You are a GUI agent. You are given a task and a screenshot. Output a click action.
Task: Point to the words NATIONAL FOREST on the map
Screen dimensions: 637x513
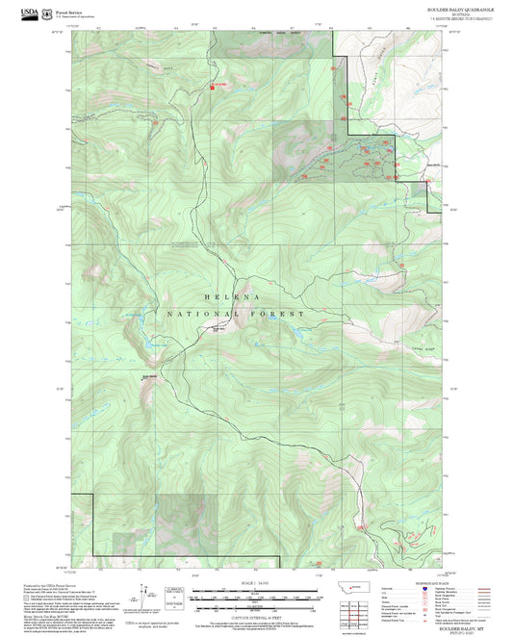point(235,315)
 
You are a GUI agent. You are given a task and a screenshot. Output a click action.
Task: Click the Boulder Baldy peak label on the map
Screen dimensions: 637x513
point(149,376)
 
